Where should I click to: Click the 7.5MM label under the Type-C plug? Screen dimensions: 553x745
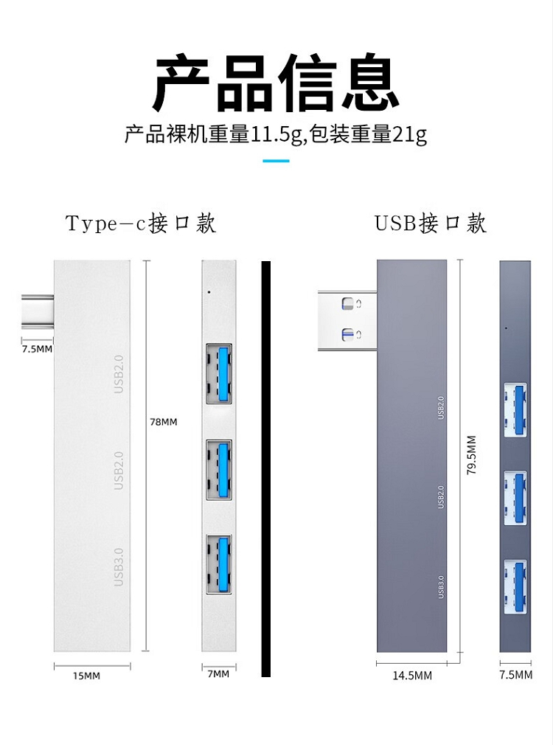pos(37,349)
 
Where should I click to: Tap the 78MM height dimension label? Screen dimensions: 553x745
pos(164,422)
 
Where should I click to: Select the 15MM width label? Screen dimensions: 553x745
pos(86,676)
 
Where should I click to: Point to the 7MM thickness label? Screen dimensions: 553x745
pos(218,673)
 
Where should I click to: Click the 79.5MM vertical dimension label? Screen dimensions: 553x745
pos(471,455)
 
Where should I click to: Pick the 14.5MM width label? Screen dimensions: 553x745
pos(412,675)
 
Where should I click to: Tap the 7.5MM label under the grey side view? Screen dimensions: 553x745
pos(515,675)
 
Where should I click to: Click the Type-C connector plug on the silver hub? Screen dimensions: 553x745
pos(38,311)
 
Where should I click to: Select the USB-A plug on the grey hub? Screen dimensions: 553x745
pos(347,321)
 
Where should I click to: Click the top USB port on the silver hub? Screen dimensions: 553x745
pos(219,374)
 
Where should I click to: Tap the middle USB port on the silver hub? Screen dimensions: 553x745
pos(219,470)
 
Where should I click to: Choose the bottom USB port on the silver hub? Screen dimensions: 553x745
pos(219,564)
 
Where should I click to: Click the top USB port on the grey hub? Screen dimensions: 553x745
pos(515,410)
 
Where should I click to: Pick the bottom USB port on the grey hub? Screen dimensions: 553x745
pos(515,587)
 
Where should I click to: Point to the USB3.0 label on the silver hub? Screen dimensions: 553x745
pos(119,566)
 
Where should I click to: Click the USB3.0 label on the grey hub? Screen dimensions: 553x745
pos(441,587)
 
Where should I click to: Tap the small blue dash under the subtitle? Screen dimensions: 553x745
pos(276,161)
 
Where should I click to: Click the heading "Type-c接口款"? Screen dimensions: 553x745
pos(141,223)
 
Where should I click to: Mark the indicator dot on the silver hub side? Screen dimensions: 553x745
pos(209,291)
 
